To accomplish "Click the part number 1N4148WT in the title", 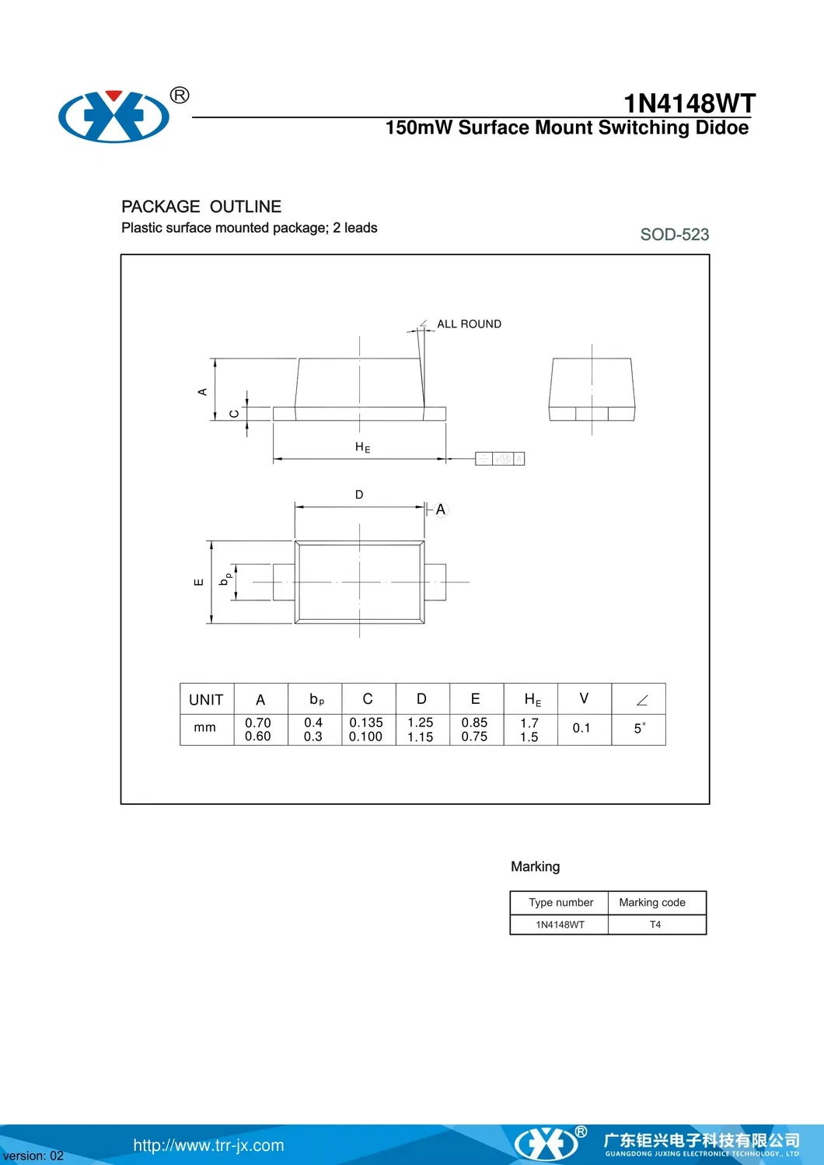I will (x=689, y=103).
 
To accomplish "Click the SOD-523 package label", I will (x=674, y=234).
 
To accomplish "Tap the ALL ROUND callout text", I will (x=469, y=324).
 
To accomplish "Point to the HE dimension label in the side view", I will (x=362, y=447).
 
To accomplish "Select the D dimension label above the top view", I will (x=359, y=495).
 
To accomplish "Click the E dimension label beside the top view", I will (x=198, y=582).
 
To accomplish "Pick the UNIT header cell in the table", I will (x=206, y=699).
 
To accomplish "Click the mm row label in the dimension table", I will (x=205, y=727).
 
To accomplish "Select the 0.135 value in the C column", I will (x=366, y=722).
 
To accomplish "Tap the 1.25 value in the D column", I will (x=421, y=722).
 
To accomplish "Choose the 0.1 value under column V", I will (x=581, y=728).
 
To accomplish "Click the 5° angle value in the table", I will (x=640, y=728).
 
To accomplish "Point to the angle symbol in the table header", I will (x=641, y=700).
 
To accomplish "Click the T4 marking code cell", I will (x=655, y=925).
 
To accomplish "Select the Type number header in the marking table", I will (x=560, y=902).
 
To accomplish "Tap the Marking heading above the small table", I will (x=535, y=866).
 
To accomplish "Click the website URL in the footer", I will (x=208, y=1145).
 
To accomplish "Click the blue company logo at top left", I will (x=114, y=117).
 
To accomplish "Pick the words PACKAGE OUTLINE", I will (x=201, y=206).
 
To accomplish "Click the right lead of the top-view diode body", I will (x=435, y=582).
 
